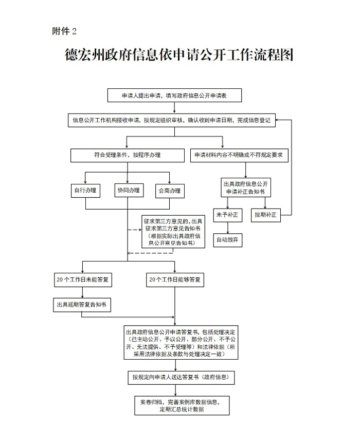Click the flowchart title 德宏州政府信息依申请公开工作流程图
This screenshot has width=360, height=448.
(x=179, y=55)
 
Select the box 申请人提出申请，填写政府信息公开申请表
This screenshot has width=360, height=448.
(x=174, y=96)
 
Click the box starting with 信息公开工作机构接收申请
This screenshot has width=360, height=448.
(x=174, y=121)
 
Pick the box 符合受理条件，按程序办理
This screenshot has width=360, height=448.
(x=127, y=155)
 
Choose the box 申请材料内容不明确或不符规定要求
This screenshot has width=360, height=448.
(x=240, y=155)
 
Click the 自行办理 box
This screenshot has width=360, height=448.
(x=85, y=191)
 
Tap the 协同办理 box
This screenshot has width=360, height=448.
(x=128, y=191)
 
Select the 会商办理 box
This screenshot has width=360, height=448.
(x=170, y=191)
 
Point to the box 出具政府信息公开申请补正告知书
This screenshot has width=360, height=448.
(x=245, y=188)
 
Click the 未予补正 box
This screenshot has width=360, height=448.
(x=227, y=215)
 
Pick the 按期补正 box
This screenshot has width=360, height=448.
(x=265, y=215)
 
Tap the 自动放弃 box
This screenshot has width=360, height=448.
(x=227, y=240)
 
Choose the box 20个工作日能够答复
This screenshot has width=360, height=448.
(x=175, y=280)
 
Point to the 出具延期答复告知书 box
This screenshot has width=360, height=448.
(x=82, y=305)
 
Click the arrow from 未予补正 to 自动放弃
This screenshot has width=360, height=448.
(x=227, y=228)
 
